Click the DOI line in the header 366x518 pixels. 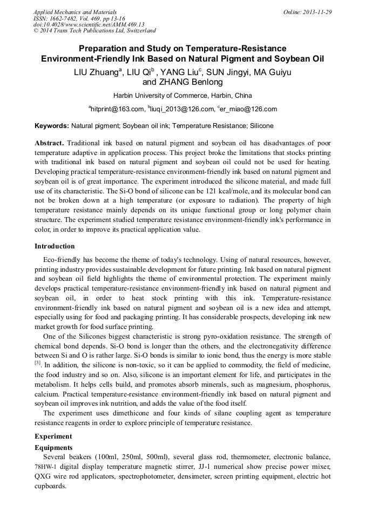[x=89, y=24]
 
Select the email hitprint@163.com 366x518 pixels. [x=117, y=109]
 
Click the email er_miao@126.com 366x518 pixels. [x=249, y=109]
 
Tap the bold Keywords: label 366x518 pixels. [x=52, y=126]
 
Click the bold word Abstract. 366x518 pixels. [x=49, y=143]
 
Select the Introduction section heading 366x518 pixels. [x=55, y=246]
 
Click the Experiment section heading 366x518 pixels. [x=53, y=436]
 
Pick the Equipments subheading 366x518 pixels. [x=53, y=448]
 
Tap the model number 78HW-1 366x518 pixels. [x=47, y=467]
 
